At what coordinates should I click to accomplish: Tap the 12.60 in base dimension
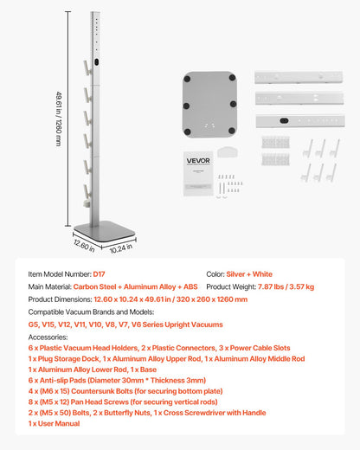[84, 245]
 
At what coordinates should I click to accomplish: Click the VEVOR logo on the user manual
[198, 159]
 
